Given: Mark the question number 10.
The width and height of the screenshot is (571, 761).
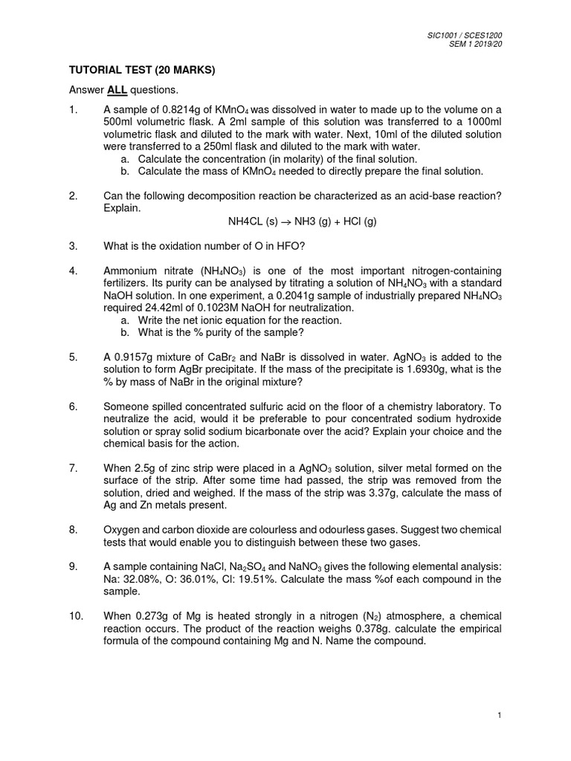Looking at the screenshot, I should (x=76, y=616).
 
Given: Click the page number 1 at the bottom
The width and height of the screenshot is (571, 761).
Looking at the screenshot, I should (x=501, y=714).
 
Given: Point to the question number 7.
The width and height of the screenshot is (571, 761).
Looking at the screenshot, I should (x=73, y=468).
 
